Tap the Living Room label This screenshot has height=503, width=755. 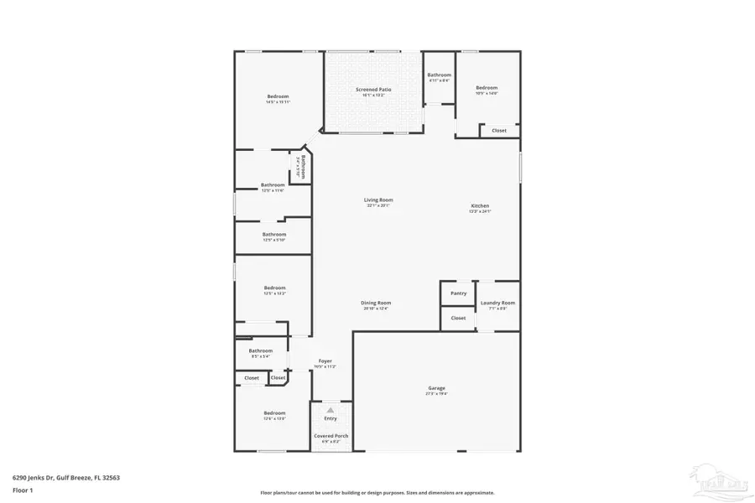[x=378, y=200]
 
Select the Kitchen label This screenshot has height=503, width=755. [x=479, y=206]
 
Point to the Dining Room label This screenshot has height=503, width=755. [x=377, y=303]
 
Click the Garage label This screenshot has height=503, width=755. [x=436, y=388]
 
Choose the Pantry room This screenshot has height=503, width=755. [x=458, y=293]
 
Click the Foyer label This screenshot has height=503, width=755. [x=325, y=361]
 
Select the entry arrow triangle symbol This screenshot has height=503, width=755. [x=331, y=410]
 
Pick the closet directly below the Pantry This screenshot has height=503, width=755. [x=458, y=319]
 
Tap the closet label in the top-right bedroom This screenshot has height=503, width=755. [x=499, y=131]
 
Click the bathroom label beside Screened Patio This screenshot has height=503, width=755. [x=439, y=75]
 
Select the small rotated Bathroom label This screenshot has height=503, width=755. [x=303, y=167]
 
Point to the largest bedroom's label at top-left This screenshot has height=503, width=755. [x=278, y=97]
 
